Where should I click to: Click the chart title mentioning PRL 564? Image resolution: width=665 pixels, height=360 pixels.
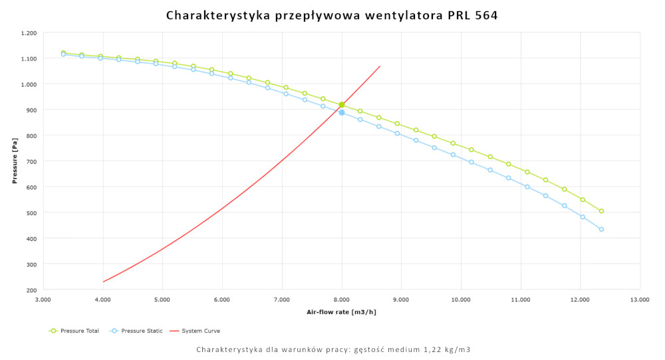331,15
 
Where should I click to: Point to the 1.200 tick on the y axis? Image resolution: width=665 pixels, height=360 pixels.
29,33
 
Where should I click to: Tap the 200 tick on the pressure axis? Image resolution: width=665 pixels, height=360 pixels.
32,290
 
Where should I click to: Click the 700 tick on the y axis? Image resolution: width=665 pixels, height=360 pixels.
32,162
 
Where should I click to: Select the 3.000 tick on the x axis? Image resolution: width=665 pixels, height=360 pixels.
43,300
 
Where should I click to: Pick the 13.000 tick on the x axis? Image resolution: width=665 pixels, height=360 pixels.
640,300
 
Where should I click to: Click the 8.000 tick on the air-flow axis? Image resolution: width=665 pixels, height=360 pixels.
342,300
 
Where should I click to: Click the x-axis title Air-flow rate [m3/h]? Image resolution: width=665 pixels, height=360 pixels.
341,312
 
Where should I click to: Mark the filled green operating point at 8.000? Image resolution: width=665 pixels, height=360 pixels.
342,104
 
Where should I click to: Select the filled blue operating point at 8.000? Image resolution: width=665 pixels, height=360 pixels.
342,112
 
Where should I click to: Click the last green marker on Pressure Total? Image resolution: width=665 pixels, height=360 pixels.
601,211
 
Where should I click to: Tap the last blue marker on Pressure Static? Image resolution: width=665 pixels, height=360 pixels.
601,230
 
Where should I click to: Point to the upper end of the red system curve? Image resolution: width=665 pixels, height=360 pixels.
380,66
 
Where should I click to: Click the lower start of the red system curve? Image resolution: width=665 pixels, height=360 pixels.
103,281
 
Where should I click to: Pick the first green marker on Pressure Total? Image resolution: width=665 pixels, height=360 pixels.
63,53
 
